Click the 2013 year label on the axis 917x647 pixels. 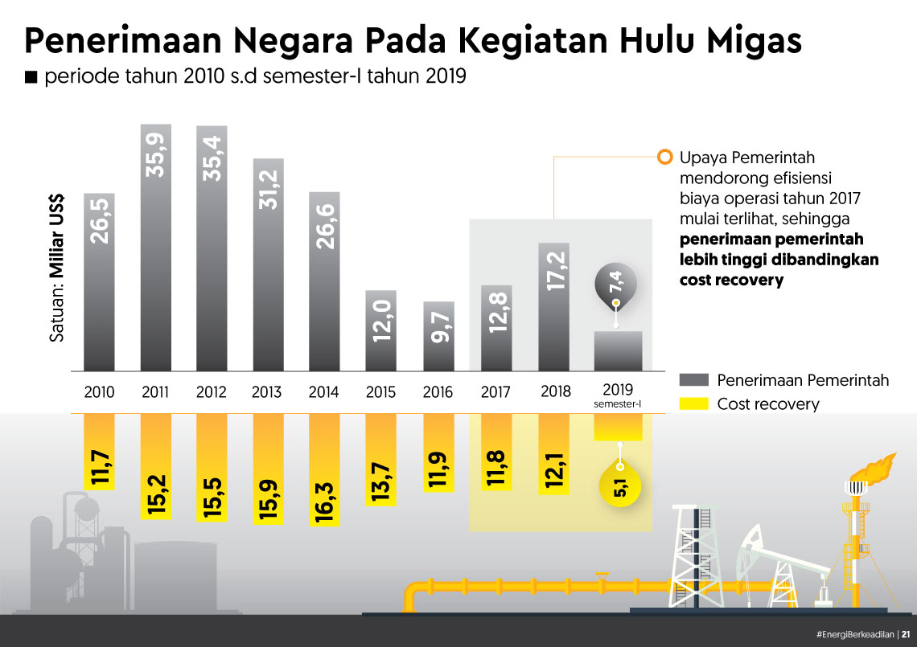pyautogui.click(x=266, y=393)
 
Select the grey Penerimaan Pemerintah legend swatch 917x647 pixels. pyautogui.click(x=693, y=380)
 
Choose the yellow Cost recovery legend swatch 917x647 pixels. pyautogui.click(x=693, y=404)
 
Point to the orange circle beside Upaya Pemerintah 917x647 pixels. pyautogui.click(x=664, y=158)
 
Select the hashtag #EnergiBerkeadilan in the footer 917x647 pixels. pyautogui.click(x=854, y=633)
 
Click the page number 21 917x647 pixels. pyautogui.click(x=907, y=633)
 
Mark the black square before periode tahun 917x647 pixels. pyautogui.click(x=31, y=78)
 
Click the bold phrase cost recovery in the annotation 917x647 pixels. pyautogui.click(x=730, y=281)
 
